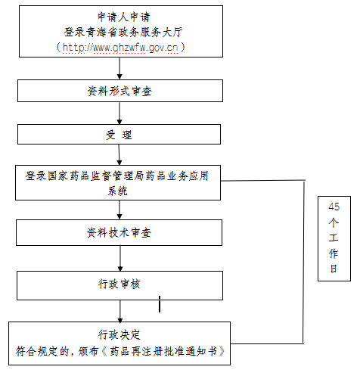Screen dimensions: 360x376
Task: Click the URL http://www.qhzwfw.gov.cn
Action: (x=120, y=48)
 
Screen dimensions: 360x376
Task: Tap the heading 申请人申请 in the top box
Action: (x=124, y=17)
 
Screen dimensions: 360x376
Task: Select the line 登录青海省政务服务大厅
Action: (x=123, y=32)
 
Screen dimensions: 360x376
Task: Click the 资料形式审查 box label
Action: (x=119, y=91)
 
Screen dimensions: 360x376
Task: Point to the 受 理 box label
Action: (x=119, y=135)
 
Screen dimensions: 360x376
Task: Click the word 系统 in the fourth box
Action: (x=118, y=191)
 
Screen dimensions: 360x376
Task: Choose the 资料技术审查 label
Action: (x=119, y=232)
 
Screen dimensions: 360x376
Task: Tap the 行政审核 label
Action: (x=119, y=284)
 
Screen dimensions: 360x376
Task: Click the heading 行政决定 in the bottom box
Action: (x=119, y=335)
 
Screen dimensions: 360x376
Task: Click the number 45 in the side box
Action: (x=334, y=207)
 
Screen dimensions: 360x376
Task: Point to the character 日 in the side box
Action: (x=334, y=269)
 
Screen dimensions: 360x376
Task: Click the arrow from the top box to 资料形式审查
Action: (x=119, y=68)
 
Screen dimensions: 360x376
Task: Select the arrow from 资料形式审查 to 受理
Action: (x=119, y=113)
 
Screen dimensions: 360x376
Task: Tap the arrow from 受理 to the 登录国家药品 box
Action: (x=119, y=154)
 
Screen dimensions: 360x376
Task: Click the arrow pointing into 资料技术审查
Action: (x=119, y=210)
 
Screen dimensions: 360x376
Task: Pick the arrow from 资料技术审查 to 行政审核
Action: (x=120, y=258)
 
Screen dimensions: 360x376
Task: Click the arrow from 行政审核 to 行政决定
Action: (x=120, y=311)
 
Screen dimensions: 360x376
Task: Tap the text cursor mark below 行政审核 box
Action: (x=160, y=304)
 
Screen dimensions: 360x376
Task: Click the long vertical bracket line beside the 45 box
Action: (x=303, y=262)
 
